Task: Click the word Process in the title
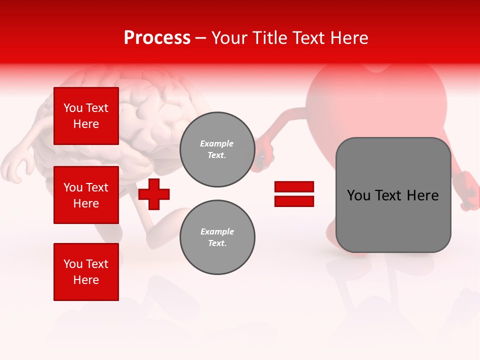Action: tap(157, 38)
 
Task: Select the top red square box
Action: tap(86, 116)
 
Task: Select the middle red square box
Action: tap(86, 195)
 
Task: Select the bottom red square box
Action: tap(86, 272)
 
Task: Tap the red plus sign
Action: tap(154, 194)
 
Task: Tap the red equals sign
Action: tap(294, 194)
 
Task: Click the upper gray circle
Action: tap(217, 149)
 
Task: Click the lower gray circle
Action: tap(217, 237)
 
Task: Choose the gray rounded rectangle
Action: tap(393, 195)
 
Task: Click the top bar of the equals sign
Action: tap(294, 187)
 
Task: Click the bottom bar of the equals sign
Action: tap(294, 201)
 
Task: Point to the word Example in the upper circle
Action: tap(217, 143)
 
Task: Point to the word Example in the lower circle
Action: tap(217, 231)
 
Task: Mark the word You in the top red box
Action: tap(72, 108)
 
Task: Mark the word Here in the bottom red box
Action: tap(86, 280)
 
